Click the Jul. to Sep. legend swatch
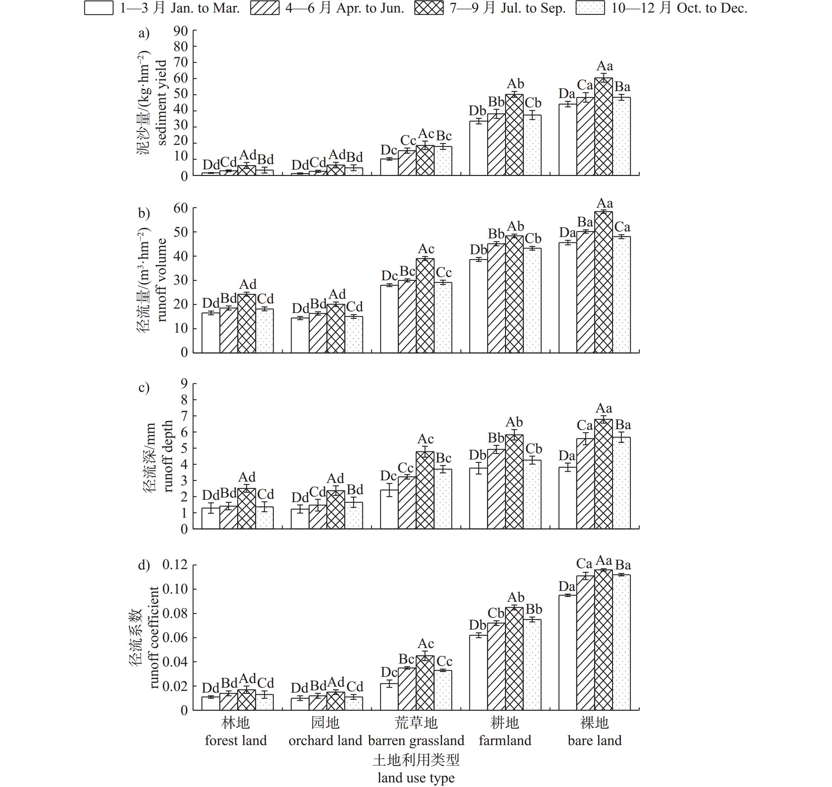pyautogui.click(x=429, y=8)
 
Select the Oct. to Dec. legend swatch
pyautogui.click(x=590, y=8)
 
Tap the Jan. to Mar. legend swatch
pyautogui.click(x=99, y=8)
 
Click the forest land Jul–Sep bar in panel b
pyautogui.click(x=246, y=324)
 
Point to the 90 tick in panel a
pyautogui.click(x=181, y=31)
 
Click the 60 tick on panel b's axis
pyautogui.click(x=181, y=208)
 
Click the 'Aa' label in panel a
pyautogui.click(x=604, y=66)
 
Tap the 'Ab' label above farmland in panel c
pyautogui.click(x=514, y=422)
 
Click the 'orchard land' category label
pyautogui.click(x=325, y=740)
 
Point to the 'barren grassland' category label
pyautogui.click(x=416, y=740)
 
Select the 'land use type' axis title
pyautogui.click(x=416, y=778)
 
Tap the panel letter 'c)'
pyautogui.click(x=144, y=388)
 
